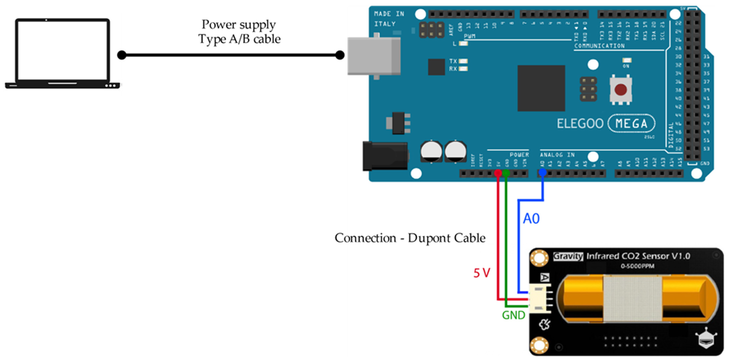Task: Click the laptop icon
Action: pos(62,54)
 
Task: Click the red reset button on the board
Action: pos(621,90)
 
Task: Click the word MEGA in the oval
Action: pos(631,123)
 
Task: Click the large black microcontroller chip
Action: pos(541,88)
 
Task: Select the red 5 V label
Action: pos(481,273)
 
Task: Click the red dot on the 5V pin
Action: pos(498,173)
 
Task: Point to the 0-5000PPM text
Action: pos(637,266)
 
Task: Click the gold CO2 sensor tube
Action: pos(638,299)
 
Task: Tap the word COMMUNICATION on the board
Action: pos(599,46)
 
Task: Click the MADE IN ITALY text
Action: pos(389,19)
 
